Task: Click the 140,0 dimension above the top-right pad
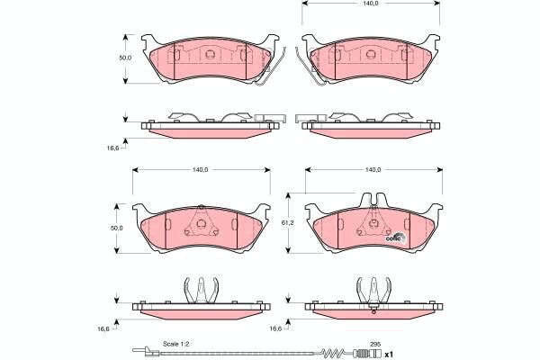click(x=371, y=4)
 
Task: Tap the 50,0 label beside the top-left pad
click(x=125, y=58)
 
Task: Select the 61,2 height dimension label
click(x=287, y=223)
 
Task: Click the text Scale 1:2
click(x=176, y=344)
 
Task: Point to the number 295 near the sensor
click(x=375, y=344)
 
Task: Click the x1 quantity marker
click(x=389, y=354)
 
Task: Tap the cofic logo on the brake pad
click(x=396, y=238)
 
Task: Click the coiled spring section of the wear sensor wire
click(x=333, y=352)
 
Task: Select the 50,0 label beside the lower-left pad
click(x=116, y=228)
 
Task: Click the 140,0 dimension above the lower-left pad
click(x=201, y=170)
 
